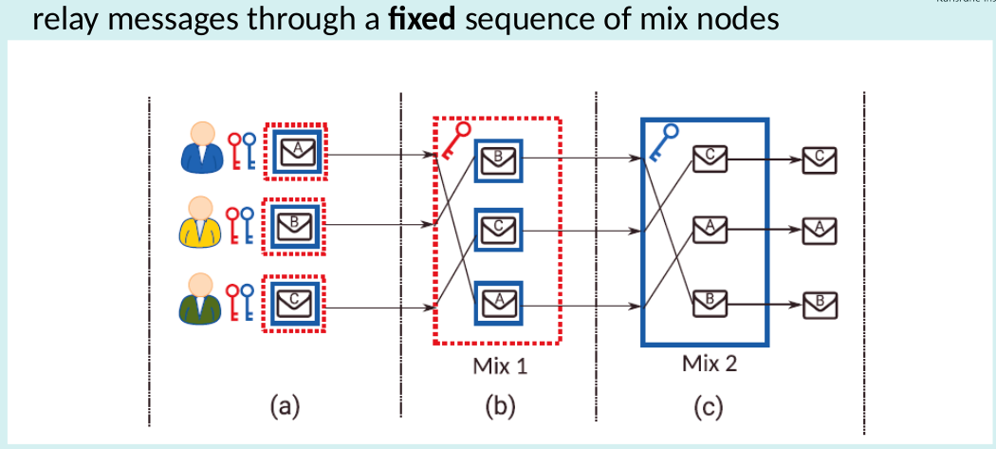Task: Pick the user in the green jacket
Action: point(200,298)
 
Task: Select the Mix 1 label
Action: point(498,365)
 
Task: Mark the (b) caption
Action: point(499,408)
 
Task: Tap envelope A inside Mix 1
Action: point(499,302)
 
